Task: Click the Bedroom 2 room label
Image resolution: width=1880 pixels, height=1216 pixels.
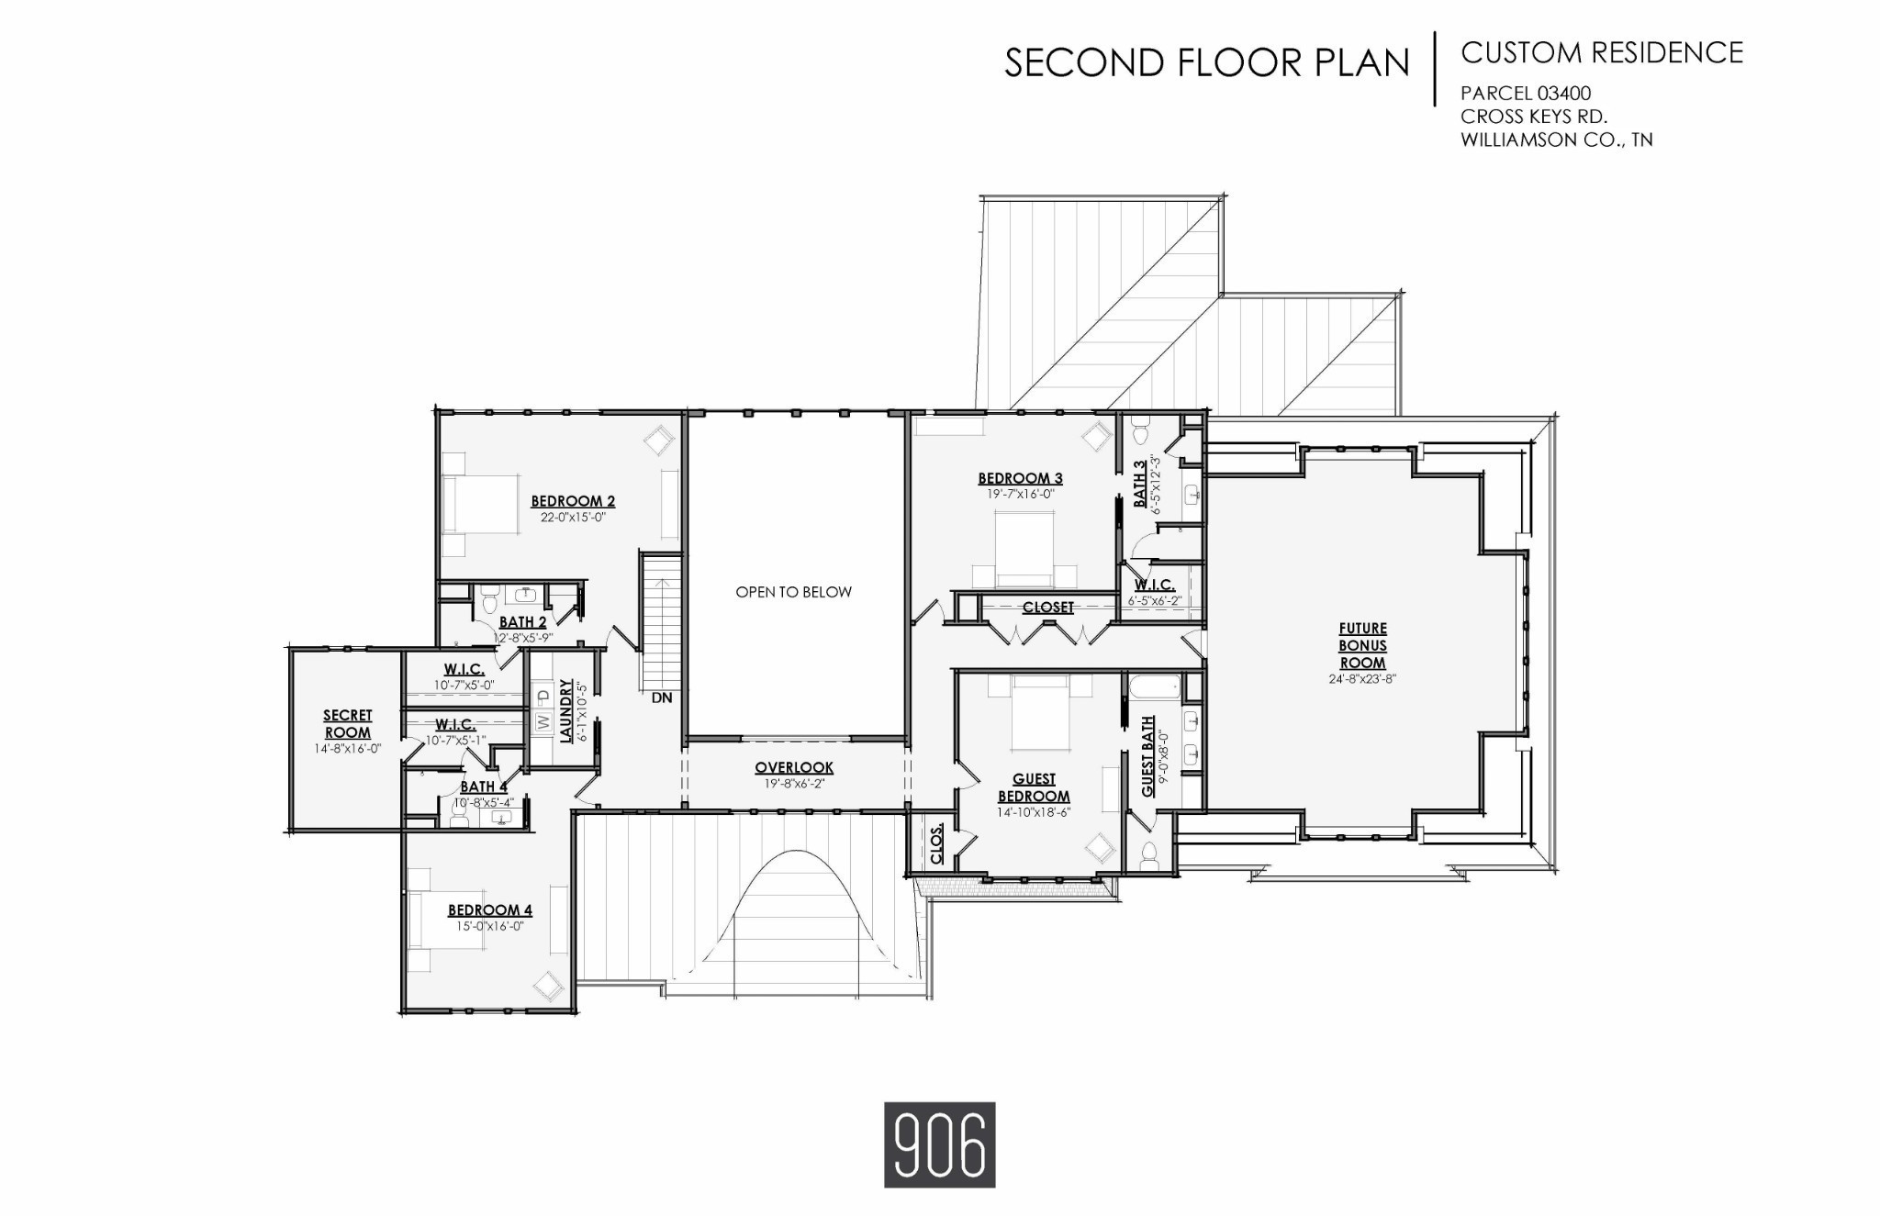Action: point(573,501)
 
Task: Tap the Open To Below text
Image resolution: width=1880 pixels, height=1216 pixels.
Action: point(793,592)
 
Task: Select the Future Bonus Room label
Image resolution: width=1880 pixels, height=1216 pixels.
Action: point(1362,645)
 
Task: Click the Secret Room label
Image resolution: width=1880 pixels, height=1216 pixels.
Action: point(347,724)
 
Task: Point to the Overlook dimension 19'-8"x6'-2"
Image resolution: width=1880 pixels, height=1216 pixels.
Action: point(794,784)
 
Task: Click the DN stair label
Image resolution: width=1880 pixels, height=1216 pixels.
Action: point(662,697)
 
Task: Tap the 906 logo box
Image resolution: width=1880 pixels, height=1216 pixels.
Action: point(939,1144)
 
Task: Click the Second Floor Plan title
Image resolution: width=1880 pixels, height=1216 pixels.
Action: point(1206,63)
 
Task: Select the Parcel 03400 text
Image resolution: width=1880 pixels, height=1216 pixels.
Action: point(1526,94)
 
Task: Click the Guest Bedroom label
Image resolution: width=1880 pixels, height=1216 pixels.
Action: point(1034,787)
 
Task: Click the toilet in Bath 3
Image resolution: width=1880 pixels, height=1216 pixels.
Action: point(1141,431)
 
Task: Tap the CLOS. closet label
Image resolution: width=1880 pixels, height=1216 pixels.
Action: point(936,844)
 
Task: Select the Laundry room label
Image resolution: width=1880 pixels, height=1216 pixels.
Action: point(566,710)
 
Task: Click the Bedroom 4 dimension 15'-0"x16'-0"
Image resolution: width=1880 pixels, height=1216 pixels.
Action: point(489,926)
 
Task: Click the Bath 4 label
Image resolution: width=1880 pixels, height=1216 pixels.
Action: point(483,786)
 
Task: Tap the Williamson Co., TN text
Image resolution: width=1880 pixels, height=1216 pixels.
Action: point(1556,140)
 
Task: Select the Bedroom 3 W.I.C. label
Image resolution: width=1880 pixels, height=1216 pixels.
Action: point(1154,585)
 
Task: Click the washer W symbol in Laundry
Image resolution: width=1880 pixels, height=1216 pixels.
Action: point(543,722)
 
